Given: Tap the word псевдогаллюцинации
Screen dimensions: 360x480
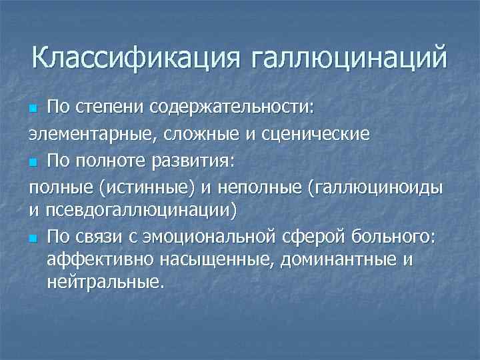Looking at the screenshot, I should tap(141, 212).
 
